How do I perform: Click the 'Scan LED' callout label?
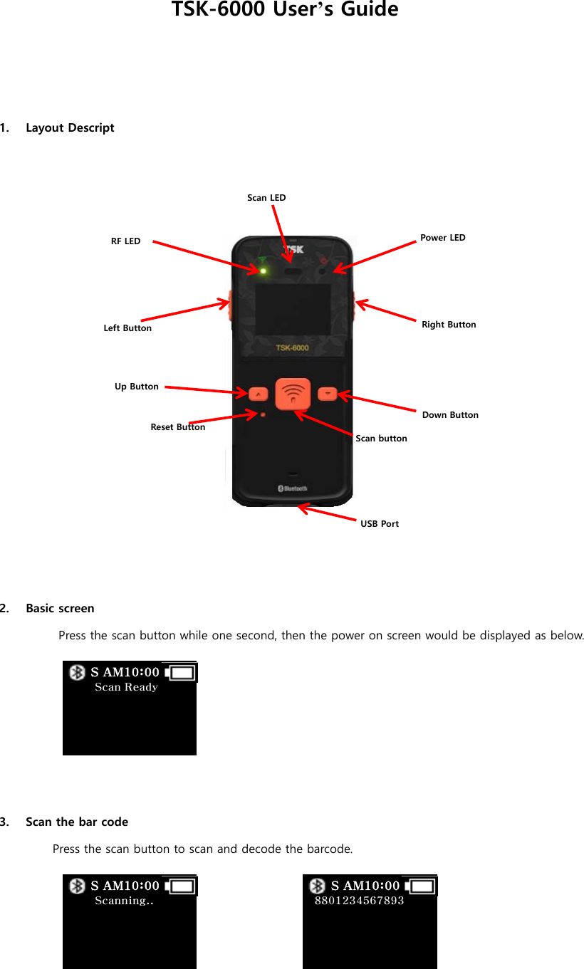pos(266,197)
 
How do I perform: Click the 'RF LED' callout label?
pos(125,241)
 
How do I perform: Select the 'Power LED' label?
pos(442,237)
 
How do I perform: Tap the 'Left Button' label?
pos(127,328)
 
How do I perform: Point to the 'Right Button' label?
pos(449,325)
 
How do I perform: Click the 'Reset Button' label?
pos(177,427)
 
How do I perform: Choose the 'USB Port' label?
pos(380,523)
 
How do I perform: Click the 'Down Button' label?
pos(450,414)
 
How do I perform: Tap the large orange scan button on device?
pos(293,394)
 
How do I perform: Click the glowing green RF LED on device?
pos(263,271)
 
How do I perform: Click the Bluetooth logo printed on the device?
pos(292,488)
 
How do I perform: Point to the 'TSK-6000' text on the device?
pos(292,347)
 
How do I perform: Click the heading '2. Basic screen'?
pos(60,608)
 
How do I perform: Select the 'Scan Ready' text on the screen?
pos(126,687)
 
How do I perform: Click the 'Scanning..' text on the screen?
pos(124,901)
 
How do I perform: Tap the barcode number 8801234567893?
pos(359,901)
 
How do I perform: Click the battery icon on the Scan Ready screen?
pos(181,672)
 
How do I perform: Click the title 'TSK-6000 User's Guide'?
pos(285,10)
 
